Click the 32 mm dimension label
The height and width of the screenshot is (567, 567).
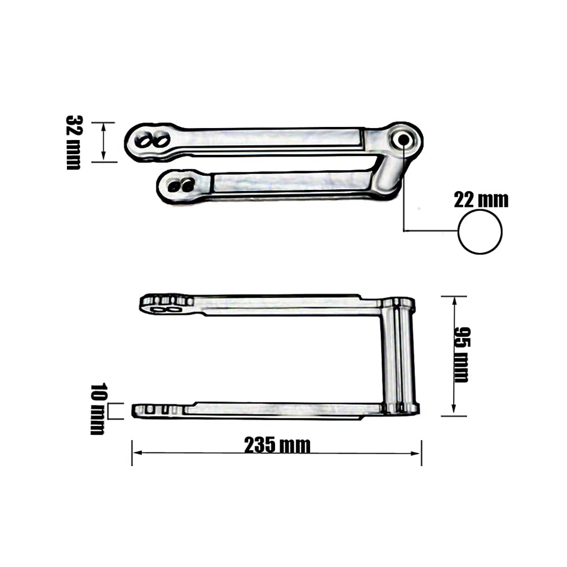pos(74,142)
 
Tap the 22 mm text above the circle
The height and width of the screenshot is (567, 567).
pos(481,200)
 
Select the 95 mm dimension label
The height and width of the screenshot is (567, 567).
pos(462,355)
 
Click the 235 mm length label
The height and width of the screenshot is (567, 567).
pos(277,446)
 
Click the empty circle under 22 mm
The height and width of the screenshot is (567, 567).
pos(480,231)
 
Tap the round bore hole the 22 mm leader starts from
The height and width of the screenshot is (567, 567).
pos(404,139)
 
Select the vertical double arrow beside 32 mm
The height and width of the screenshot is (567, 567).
pos(104,142)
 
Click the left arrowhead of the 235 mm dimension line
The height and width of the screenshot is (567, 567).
pos(136,452)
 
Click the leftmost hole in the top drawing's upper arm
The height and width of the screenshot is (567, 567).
pos(147,139)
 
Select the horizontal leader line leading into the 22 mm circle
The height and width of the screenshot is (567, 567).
pos(431,230)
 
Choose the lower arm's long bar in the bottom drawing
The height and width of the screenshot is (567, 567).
pos(283,409)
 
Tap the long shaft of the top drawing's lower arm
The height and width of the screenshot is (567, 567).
pos(289,183)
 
